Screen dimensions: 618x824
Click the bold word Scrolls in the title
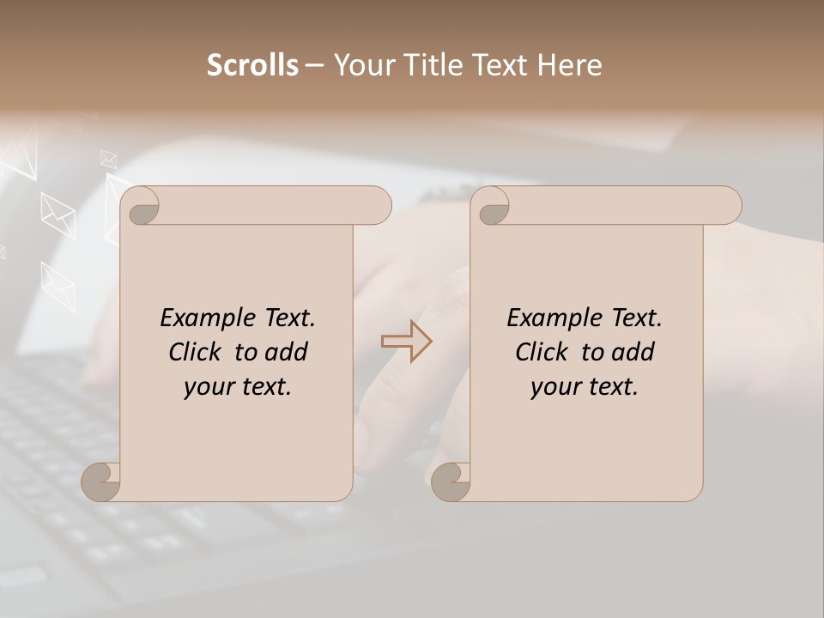pos(252,65)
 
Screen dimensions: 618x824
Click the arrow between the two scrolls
pos(406,342)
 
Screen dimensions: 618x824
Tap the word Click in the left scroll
pos(197,352)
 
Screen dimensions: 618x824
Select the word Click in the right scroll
pos(544,352)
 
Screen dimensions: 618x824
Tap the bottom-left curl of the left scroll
pos(101,482)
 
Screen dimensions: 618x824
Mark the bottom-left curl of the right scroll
pos(451,482)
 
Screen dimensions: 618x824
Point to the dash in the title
pos(314,66)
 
